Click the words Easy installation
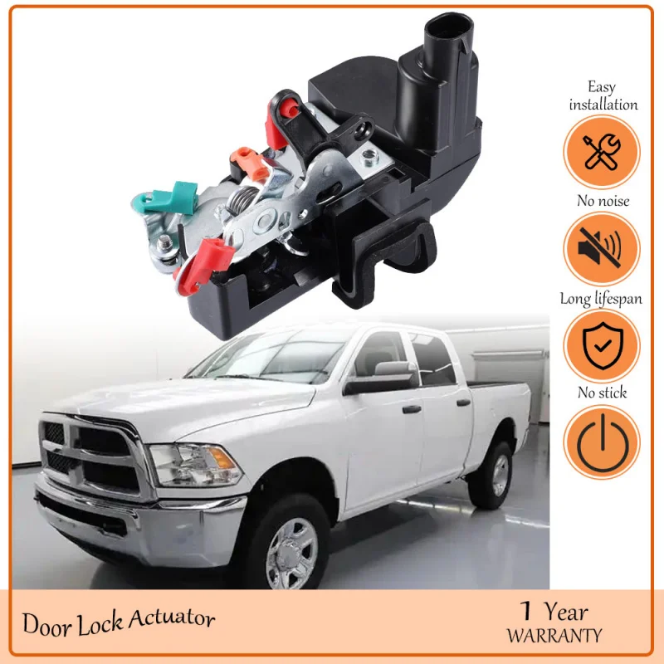[603, 95]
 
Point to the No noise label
[603, 201]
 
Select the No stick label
[603, 393]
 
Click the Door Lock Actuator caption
[119, 622]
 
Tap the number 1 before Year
[525, 613]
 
